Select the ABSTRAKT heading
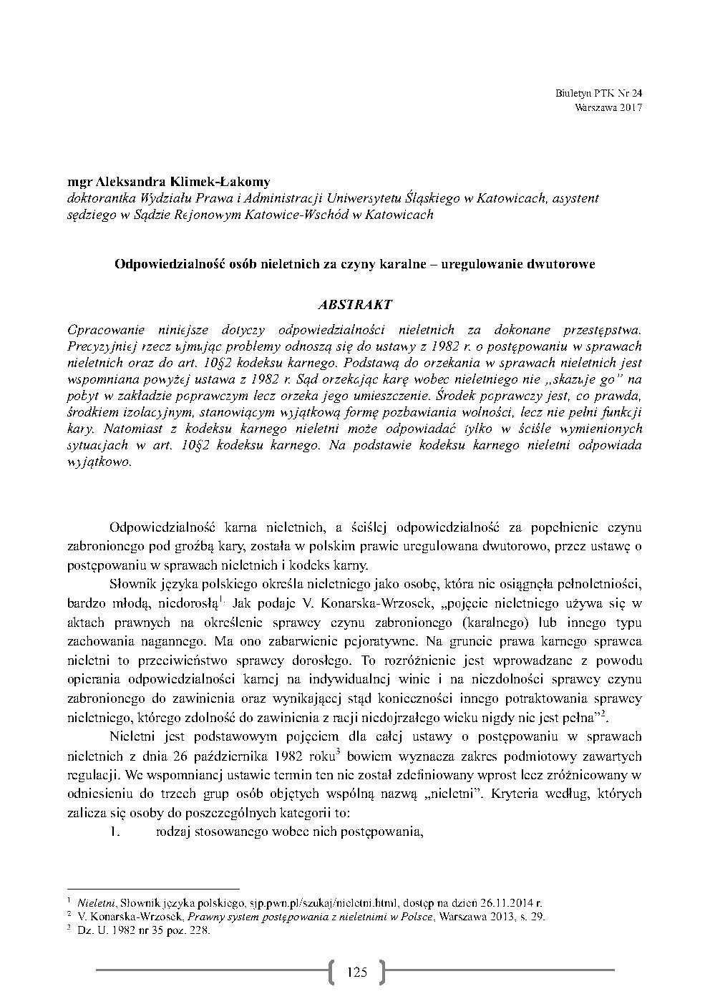pyautogui.click(x=355, y=304)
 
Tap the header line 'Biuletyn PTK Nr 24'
pyautogui.click(x=599, y=94)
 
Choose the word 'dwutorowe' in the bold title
pyautogui.click(x=563, y=263)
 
